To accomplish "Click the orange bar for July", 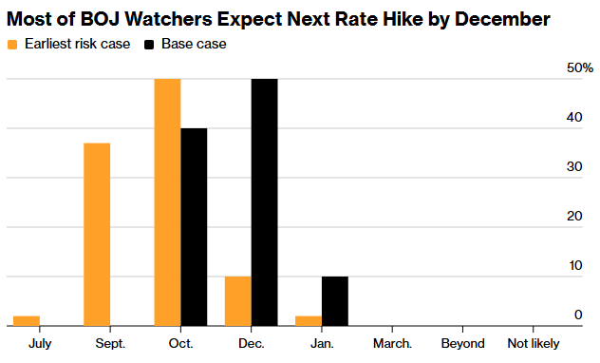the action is pos(27,321).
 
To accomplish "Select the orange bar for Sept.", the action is pos(97,235).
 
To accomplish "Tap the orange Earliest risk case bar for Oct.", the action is pos(168,202).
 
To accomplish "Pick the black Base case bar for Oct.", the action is pos(194,227).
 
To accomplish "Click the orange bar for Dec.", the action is pos(238,301).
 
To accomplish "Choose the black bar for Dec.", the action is pos(265,202).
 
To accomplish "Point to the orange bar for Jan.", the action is pos(309,321).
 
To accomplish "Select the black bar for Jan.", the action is pos(335,301).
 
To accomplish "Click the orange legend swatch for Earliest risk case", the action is pos(12,45).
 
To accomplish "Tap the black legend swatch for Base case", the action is pos(149,45).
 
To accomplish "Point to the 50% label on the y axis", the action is pos(580,68).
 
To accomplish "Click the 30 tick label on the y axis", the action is pos(574,166).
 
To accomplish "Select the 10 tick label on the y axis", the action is pos(575,265).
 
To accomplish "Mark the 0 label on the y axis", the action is pos(578,315).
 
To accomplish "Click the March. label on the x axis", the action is pos(393,343).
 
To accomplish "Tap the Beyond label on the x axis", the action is pos(462,343).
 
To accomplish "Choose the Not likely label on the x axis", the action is pos(534,344).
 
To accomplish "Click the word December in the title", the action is pos(502,19).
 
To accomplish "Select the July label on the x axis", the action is pos(40,344).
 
